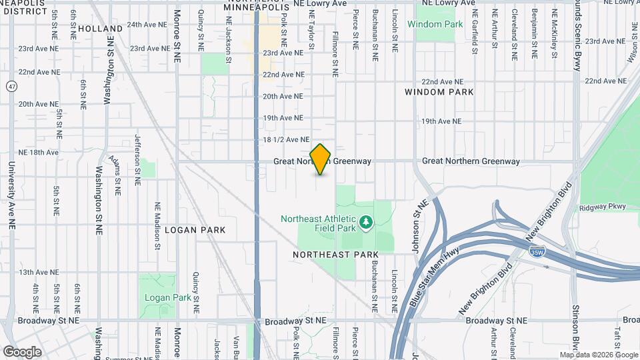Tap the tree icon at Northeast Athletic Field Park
click(x=365, y=221)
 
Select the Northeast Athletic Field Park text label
click(x=320, y=223)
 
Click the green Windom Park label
click(x=435, y=24)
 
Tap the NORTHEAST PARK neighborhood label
click(x=336, y=255)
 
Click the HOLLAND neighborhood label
click(x=100, y=29)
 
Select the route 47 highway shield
click(x=12, y=86)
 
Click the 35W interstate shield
click(x=536, y=251)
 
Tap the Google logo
click(x=22, y=351)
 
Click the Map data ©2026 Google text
click(x=598, y=355)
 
